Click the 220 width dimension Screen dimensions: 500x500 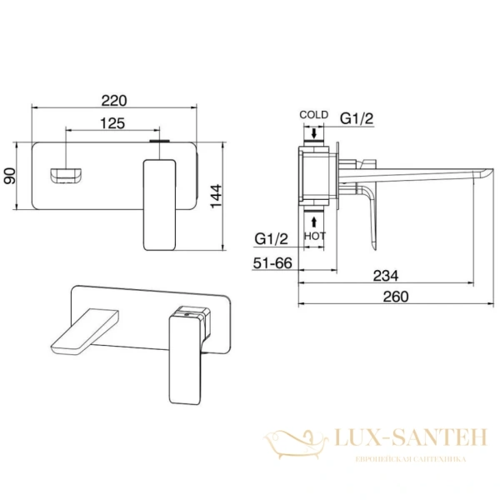pyautogui.click(x=114, y=101)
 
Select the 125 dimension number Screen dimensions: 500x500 pyautogui.click(x=112, y=123)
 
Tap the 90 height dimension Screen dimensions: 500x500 pyautogui.click(x=9, y=176)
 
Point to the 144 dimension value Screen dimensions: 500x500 pyautogui.click(x=216, y=196)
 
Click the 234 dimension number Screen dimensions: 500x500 pyautogui.click(x=386, y=276)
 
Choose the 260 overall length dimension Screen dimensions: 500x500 pyautogui.click(x=396, y=297)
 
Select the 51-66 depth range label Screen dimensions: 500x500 pyautogui.click(x=272, y=263)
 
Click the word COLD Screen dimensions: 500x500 pyautogui.click(x=314, y=114)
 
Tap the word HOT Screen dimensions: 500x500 pyautogui.click(x=315, y=236)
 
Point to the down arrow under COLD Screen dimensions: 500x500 pyautogui.click(x=314, y=133)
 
